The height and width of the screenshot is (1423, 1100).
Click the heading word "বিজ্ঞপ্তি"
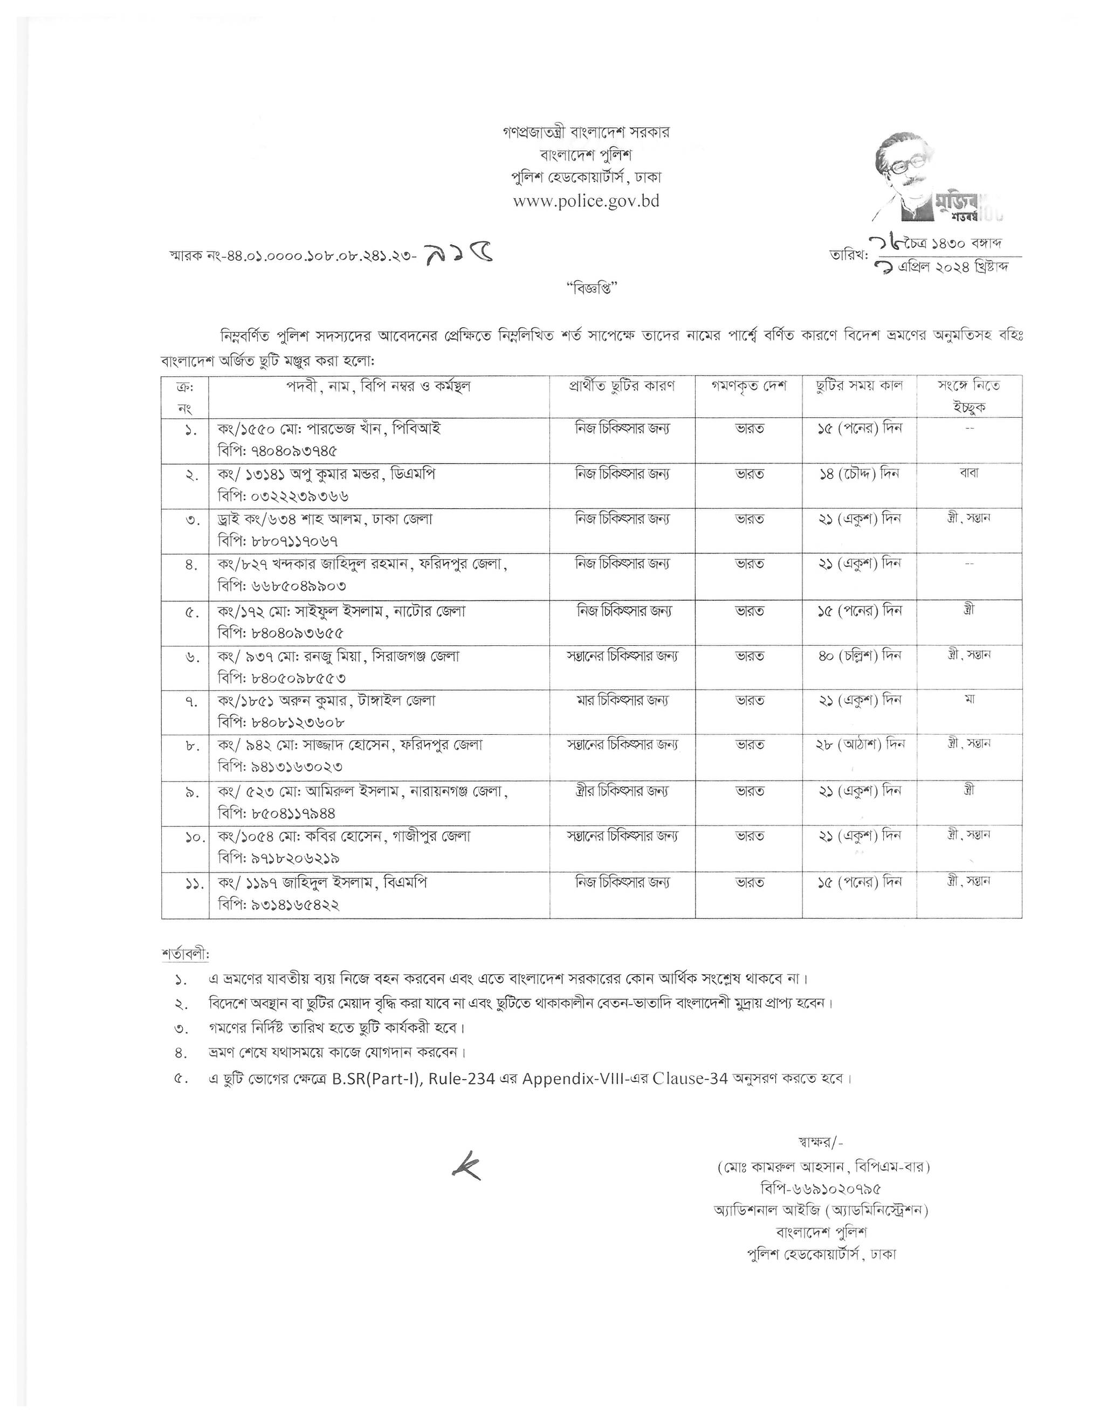591,288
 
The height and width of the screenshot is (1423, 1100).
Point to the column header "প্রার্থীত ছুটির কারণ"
622,386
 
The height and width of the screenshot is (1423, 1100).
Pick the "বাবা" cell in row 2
969,473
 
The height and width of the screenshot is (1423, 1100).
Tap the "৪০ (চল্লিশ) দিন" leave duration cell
860,655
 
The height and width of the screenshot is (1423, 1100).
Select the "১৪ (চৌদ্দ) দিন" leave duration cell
859,473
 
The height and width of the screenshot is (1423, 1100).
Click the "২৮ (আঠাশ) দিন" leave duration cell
860,744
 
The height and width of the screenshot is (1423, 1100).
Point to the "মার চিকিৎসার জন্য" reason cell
622,700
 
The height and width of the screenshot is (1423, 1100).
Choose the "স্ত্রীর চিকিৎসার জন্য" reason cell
622,791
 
